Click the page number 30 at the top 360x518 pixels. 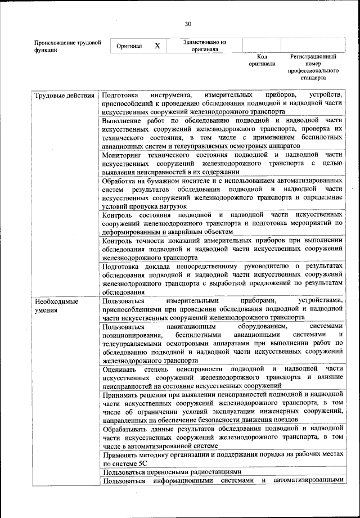tap(188, 23)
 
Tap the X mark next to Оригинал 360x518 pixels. tap(157, 46)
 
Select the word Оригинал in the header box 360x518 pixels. tap(129, 46)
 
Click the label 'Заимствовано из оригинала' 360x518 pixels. tap(204, 46)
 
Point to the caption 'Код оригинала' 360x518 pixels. tap(262, 60)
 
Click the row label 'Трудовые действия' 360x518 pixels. tap(64, 95)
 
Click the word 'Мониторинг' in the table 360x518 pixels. tap(126, 154)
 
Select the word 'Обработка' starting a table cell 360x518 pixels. tap(121, 181)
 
